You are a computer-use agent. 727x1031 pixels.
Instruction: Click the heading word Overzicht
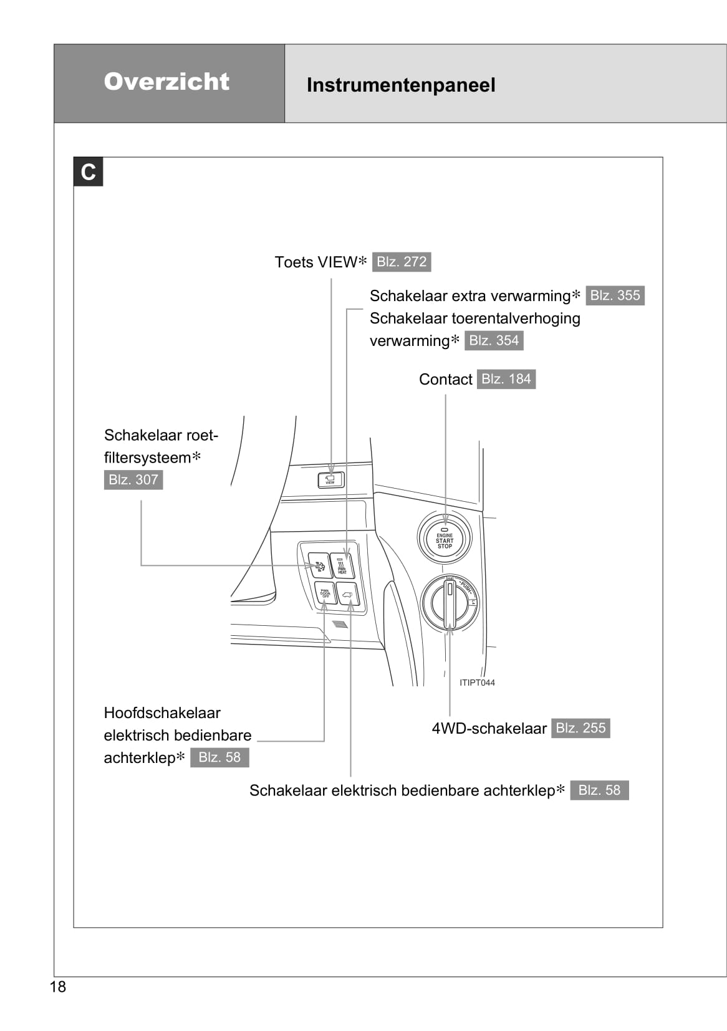(x=166, y=82)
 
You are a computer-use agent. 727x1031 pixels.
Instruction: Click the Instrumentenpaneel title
(x=401, y=85)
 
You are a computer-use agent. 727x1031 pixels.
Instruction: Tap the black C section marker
(x=89, y=172)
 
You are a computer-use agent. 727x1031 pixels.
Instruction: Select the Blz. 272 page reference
(x=402, y=262)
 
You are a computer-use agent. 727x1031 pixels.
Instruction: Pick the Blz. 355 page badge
(x=615, y=295)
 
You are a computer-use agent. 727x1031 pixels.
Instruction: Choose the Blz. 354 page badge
(x=494, y=340)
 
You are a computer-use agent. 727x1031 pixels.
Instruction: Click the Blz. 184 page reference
(x=506, y=379)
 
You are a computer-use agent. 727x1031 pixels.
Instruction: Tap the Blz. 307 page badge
(x=133, y=479)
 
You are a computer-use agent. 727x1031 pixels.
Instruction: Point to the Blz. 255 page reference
(x=580, y=728)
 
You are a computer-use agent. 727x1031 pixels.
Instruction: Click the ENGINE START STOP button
(x=445, y=539)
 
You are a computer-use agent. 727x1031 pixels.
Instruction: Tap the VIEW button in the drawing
(x=330, y=480)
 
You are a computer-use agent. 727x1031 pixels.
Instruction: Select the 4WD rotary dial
(x=450, y=602)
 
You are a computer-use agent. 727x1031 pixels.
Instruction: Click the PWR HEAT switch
(x=342, y=567)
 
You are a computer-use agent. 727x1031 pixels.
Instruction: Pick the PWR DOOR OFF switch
(x=325, y=593)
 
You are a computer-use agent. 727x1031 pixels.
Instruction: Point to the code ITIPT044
(x=477, y=683)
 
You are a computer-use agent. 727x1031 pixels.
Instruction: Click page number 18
(x=57, y=987)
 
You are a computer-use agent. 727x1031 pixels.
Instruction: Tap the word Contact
(x=445, y=380)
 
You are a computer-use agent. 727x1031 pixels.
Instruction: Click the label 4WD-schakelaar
(x=489, y=729)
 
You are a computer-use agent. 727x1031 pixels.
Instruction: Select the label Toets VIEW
(x=316, y=262)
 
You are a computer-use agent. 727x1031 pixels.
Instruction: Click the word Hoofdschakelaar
(x=162, y=713)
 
